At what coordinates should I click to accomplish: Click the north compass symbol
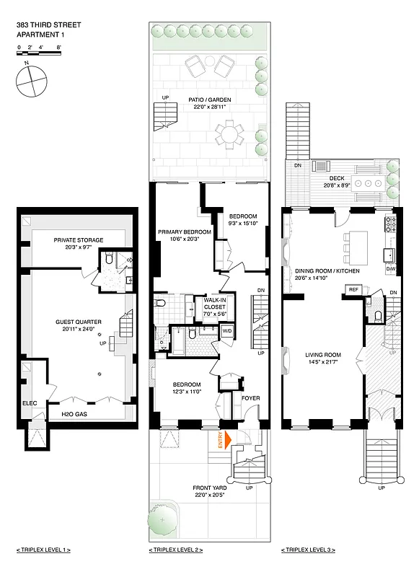(27, 81)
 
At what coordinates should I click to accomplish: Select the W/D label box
(226, 332)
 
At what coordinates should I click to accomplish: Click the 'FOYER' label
(250, 398)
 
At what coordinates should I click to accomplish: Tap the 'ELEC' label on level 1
(30, 403)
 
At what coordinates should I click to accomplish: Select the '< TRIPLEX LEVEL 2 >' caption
(175, 550)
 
